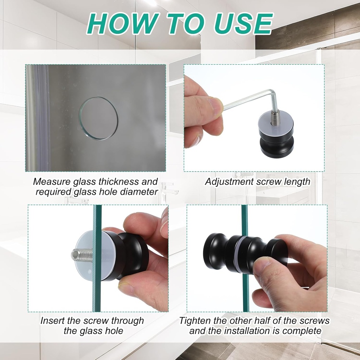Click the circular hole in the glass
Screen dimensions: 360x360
[x=98, y=118]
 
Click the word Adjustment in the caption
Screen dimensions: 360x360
[x=229, y=182]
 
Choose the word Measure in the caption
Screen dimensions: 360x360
[x=52, y=182]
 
